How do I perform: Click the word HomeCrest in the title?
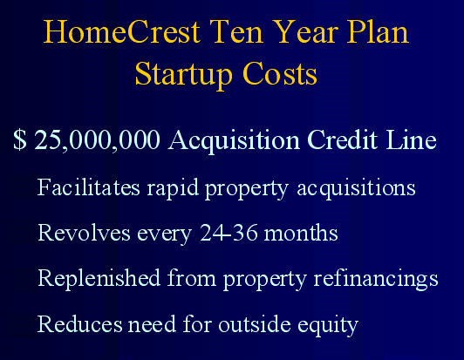[122, 31]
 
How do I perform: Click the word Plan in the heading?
[378, 31]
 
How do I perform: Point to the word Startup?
[183, 74]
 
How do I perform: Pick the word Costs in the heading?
[280, 73]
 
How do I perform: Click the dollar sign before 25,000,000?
[20, 139]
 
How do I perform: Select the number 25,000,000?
[98, 140]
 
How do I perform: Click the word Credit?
[343, 139]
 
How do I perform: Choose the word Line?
[412, 139]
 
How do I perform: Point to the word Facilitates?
[88, 187]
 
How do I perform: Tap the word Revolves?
[84, 233]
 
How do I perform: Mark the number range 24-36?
[229, 233]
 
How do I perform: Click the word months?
[301, 233]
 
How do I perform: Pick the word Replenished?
[99, 280]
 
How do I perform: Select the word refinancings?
[376, 280]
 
